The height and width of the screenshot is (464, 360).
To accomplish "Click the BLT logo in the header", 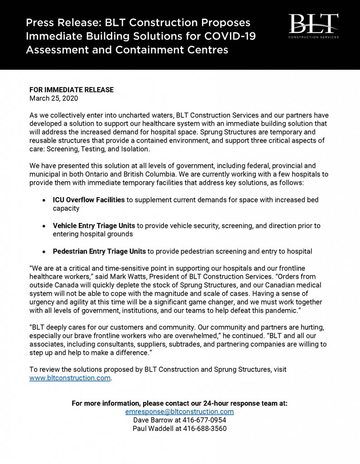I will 313,25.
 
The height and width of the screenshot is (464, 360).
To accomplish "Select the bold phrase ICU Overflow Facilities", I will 89,200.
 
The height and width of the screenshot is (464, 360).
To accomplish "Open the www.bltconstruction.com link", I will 70,378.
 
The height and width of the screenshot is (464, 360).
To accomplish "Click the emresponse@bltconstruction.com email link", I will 179,411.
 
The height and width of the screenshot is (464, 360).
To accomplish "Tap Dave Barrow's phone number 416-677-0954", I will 202,420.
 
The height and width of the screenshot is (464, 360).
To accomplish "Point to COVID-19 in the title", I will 227,36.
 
